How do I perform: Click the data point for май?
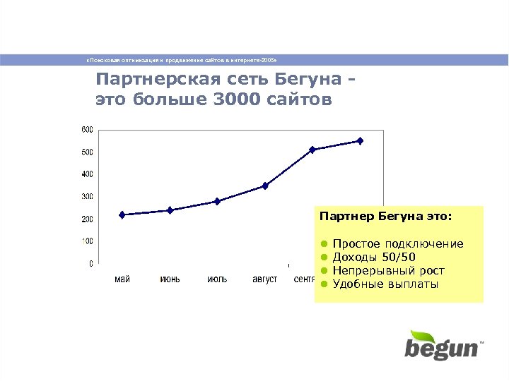click(122, 214)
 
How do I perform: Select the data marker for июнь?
click(170, 210)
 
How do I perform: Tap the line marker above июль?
click(217, 201)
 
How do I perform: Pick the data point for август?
click(265, 186)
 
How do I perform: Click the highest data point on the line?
click(360, 141)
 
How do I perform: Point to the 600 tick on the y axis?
click(86, 130)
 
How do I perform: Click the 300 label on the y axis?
click(86, 196)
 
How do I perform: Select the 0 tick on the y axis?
click(90, 264)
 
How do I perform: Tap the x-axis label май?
click(122, 279)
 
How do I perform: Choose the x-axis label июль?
click(217, 279)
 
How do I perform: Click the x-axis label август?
click(265, 279)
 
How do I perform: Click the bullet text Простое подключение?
click(398, 244)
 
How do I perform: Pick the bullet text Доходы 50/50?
click(374, 258)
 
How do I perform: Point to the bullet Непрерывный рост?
click(388, 271)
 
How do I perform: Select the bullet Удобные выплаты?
click(385, 284)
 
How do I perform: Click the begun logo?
click(442, 345)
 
